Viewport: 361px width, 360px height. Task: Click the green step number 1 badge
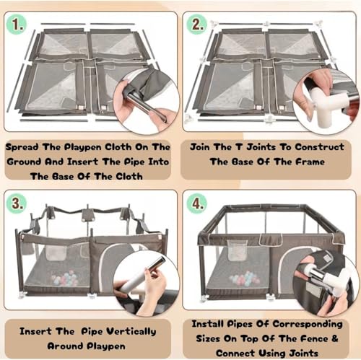[x=17, y=25]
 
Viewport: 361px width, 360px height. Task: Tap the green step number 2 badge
[x=196, y=25]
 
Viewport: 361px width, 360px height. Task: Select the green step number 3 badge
[x=16, y=203]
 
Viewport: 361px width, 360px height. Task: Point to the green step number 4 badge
[x=197, y=203]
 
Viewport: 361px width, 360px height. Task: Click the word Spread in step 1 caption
[x=22, y=147]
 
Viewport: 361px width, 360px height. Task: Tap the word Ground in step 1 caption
[x=24, y=162]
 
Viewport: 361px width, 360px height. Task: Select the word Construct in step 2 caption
[x=320, y=147]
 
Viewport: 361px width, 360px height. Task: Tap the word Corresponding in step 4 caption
[x=308, y=325]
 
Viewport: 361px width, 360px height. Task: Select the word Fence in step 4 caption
[x=314, y=338]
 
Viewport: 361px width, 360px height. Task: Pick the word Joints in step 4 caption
[x=304, y=354]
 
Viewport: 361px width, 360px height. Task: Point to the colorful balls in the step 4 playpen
[x=244, y=278]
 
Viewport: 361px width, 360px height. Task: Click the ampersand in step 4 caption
[x=335, y=338]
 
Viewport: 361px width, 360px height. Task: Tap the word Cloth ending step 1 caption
[x=129, y=177]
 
